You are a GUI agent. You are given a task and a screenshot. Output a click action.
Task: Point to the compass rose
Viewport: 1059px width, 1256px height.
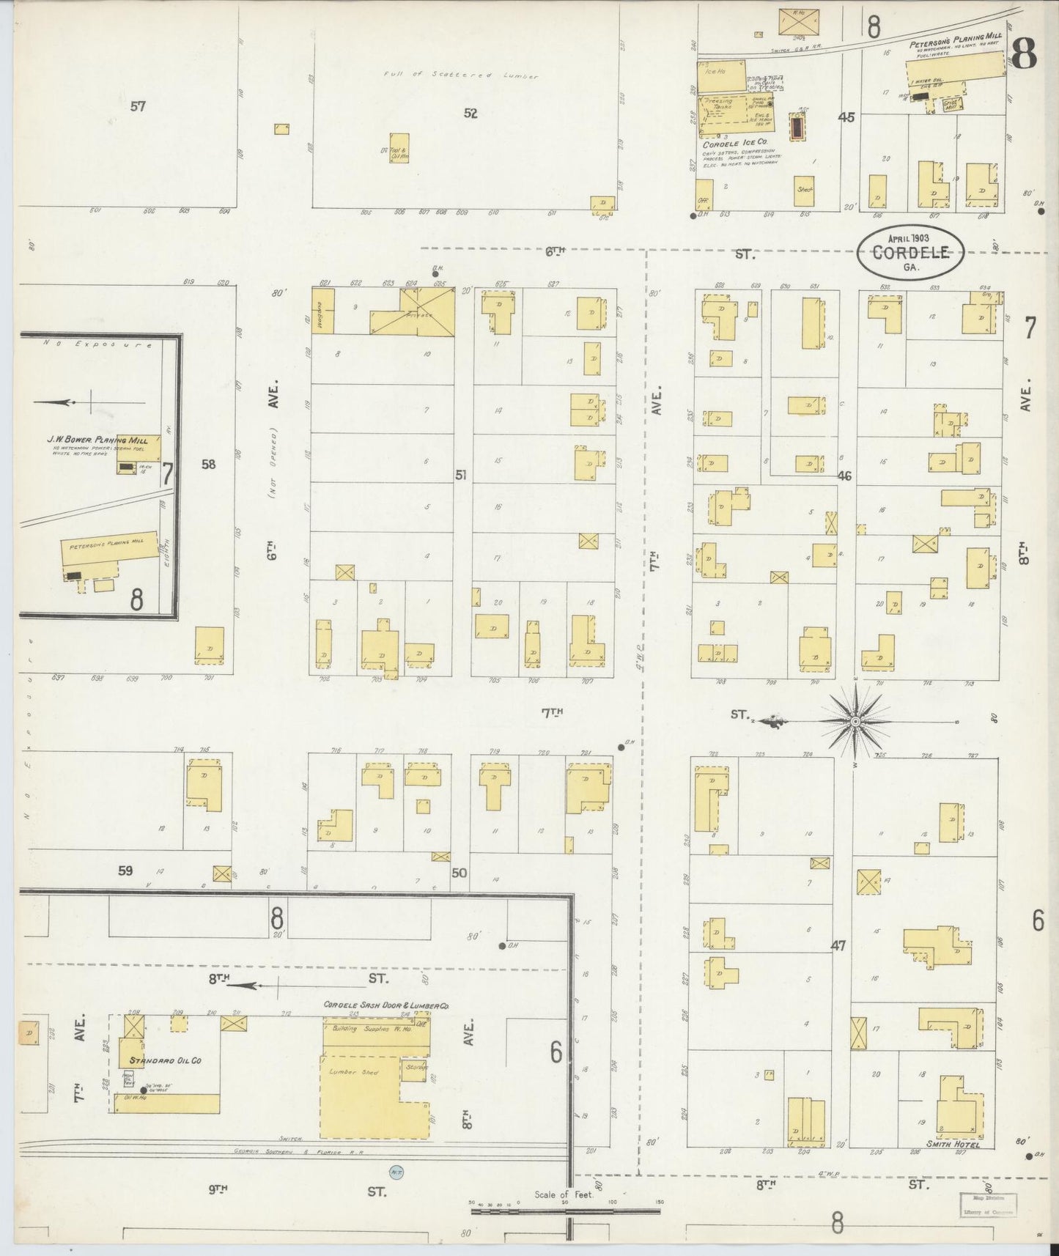[855, 722]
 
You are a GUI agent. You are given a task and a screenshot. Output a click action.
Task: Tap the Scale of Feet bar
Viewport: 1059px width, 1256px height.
[565, 1212]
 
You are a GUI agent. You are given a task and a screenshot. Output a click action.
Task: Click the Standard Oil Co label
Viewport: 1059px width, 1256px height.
[165, 1060]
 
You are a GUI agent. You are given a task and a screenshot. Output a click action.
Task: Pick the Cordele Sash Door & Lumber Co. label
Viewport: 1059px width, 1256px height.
[386, 1007]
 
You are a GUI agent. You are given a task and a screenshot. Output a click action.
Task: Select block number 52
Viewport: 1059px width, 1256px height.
[470, 113]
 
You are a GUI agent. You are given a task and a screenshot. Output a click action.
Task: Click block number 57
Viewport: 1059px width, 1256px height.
[138, 106]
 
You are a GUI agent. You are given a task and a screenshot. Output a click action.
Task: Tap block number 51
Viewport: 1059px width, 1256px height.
[460, 475]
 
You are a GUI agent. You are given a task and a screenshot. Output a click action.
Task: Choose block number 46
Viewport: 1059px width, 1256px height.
[844, 476]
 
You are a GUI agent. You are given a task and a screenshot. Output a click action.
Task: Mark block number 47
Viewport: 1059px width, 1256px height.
[838, 946]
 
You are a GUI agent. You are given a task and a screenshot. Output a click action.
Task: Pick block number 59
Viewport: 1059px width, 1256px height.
[125, 871]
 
